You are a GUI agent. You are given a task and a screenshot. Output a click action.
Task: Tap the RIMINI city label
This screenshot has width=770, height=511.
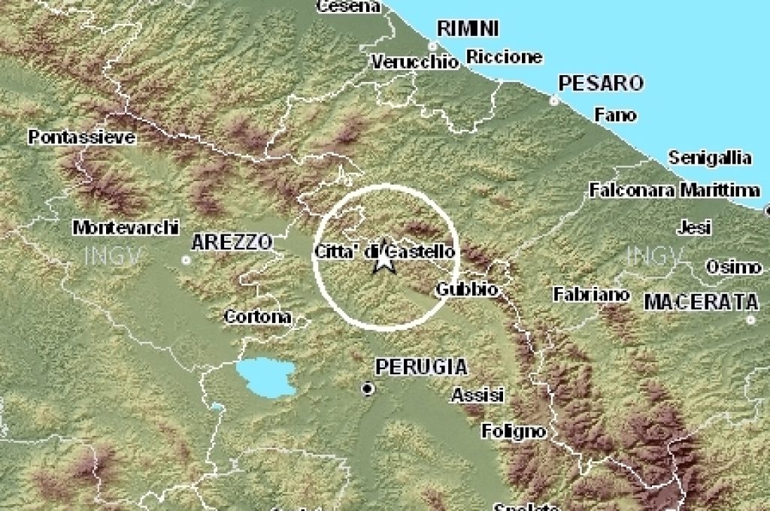pyautogui.click(x=468, y=29)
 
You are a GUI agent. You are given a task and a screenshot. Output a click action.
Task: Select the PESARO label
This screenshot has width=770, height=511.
pyautogui.click(x=601, y=83)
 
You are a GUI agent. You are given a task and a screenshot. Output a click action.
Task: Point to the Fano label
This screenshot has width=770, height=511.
pyautogui.click(x=615, y=115)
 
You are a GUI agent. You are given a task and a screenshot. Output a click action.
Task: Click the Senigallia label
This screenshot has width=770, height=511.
pyautogui.click(x=710, y=158)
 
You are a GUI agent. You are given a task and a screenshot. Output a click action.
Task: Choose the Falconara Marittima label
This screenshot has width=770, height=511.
pyautogui.click(x=674, y=190)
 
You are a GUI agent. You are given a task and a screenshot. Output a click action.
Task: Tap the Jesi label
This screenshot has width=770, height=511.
pyautogui.click(x=693, y=226)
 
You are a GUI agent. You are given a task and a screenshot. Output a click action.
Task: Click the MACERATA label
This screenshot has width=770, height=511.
pyautogui.click(x=701, y=302)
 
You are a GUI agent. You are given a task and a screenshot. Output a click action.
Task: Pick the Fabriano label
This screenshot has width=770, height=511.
pyautogui.click(x=591, y=295)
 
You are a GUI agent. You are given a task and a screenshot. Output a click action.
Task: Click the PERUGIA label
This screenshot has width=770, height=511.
pyautogui.click(x=421, y=367)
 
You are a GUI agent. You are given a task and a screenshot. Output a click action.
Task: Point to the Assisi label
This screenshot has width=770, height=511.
pyautogui.click(x=478, y=395)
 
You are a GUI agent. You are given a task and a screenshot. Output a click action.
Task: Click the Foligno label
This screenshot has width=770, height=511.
pyautogui.click(x=514, y=431)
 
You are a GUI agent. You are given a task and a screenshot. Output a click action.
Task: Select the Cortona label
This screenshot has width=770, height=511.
pyautogui.click(x=258, y=317)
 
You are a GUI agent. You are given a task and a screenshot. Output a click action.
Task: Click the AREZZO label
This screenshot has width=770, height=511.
pyautogui.click(x=232, y=242)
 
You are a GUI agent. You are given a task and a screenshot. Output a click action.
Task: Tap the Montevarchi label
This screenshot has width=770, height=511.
pyautogui.click(x=126, y=227)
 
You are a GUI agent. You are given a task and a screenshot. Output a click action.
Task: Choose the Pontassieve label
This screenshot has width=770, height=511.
pyautogui.click(x=82, y=138)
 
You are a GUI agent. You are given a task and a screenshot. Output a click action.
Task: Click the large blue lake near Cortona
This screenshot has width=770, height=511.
pyautogui.click(x=265, y=376)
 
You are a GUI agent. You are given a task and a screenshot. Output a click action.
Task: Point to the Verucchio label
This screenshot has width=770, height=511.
pyautogui.click(x=414, y=62)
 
